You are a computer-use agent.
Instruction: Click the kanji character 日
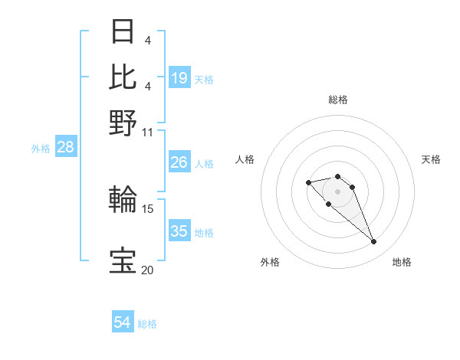point(123,33)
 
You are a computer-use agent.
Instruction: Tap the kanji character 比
point(123,77)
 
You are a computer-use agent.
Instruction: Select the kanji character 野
point(123,122)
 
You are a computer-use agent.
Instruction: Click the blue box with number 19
point(179,78)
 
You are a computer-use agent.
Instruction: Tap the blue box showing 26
point(179,162)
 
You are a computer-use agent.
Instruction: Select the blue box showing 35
point(179,231)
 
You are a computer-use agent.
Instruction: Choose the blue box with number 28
point(65,148)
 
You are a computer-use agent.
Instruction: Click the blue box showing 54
point(123,323)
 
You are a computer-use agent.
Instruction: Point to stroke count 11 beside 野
point(148,131)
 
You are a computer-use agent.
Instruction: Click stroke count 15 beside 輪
point(148,208)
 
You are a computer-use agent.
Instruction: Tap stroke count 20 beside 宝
point(147,269)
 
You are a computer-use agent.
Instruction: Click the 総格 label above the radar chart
point(337,100)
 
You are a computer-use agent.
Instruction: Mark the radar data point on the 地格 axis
point(374,242)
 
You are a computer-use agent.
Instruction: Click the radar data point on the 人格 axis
point(308,182)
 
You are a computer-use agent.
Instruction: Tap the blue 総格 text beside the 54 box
point(147,324)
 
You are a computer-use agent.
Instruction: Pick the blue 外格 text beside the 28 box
point(40,149)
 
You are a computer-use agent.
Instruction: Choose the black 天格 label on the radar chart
point(431,159)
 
